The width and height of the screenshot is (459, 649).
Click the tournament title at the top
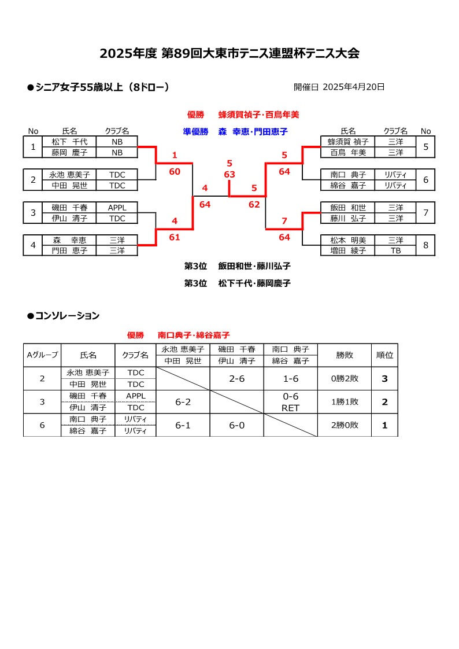click(229, 53)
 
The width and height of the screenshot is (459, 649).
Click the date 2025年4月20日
click(354, 87)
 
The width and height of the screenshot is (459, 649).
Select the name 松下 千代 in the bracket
click(69, 142)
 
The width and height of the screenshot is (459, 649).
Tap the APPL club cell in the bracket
click(117, 207)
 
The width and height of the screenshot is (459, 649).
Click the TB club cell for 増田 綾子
click(395, 250)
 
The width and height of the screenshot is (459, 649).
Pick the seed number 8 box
click(425, 245)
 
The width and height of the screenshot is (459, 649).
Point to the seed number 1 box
click(33, 147)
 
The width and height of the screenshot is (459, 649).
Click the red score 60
click(175, 171)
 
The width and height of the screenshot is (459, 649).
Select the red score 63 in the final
click(229, 174)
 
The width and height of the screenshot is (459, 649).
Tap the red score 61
click(175, 237)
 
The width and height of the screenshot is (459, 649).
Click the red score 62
click(254, 204)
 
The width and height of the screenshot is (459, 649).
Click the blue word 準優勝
click(195, 132)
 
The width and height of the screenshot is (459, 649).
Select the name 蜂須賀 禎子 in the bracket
click(348, 142)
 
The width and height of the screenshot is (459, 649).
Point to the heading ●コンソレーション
click(63, 316)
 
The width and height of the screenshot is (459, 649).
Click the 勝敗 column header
click(345, 355)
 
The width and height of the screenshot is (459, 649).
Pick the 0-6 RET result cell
click(291, 402)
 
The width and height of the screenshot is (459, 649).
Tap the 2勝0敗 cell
click(345, 425)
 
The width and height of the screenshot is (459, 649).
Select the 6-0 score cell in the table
click(237, 425)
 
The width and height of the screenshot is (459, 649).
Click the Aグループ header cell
click(42, 355)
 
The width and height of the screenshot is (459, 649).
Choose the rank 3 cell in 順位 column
click(384, 379)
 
